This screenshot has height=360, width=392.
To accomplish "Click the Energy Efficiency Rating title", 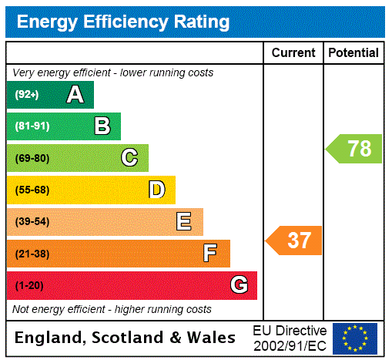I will (x=123, y=22).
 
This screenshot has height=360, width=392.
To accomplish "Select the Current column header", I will (x=293, y=53).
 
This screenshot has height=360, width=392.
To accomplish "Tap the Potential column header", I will (x=353, y=53).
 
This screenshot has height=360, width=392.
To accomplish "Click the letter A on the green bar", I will (x=75, y=95).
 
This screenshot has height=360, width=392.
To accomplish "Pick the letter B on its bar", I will (x=102, y=126).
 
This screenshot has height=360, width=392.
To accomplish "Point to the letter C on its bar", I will (x=129, y=158).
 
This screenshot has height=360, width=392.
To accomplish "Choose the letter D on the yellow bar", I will (x=156, y=190).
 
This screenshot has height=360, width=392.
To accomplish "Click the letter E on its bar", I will (x=184, y=222).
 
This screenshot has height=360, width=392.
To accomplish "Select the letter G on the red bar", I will (x=239, y=285).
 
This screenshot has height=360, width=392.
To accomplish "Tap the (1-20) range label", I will (x=29, y=286).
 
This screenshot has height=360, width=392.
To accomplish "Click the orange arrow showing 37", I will (x=294, y=241).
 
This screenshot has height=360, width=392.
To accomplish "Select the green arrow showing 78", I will (x=354, y=148).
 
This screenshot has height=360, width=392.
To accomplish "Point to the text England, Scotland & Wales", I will (x=126, y=338).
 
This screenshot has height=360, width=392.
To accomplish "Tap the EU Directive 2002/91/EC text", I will (x=290, y=338).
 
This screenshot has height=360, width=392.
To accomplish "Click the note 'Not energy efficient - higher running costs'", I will (x=112, y=309).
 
